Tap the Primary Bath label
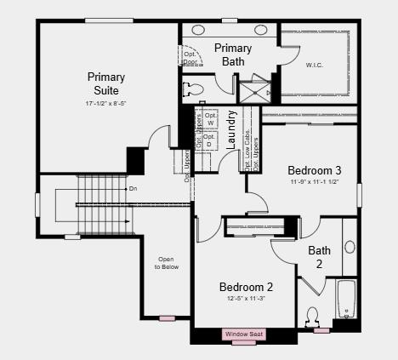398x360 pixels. point(232,54)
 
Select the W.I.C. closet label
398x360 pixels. point(314,65)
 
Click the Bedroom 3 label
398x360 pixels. point(314,169)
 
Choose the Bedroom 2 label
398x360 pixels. point(246,287)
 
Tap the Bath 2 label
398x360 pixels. point(320,256)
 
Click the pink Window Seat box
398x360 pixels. point(244,334)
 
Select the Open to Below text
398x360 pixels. point(167,263)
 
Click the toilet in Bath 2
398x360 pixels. point(313,316)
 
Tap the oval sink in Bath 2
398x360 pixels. point(350,247)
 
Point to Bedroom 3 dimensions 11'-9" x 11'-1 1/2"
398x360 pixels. point(314,182)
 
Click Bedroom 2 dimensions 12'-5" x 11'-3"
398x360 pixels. point(246,299)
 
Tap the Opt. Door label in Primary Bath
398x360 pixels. point(190,58)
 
